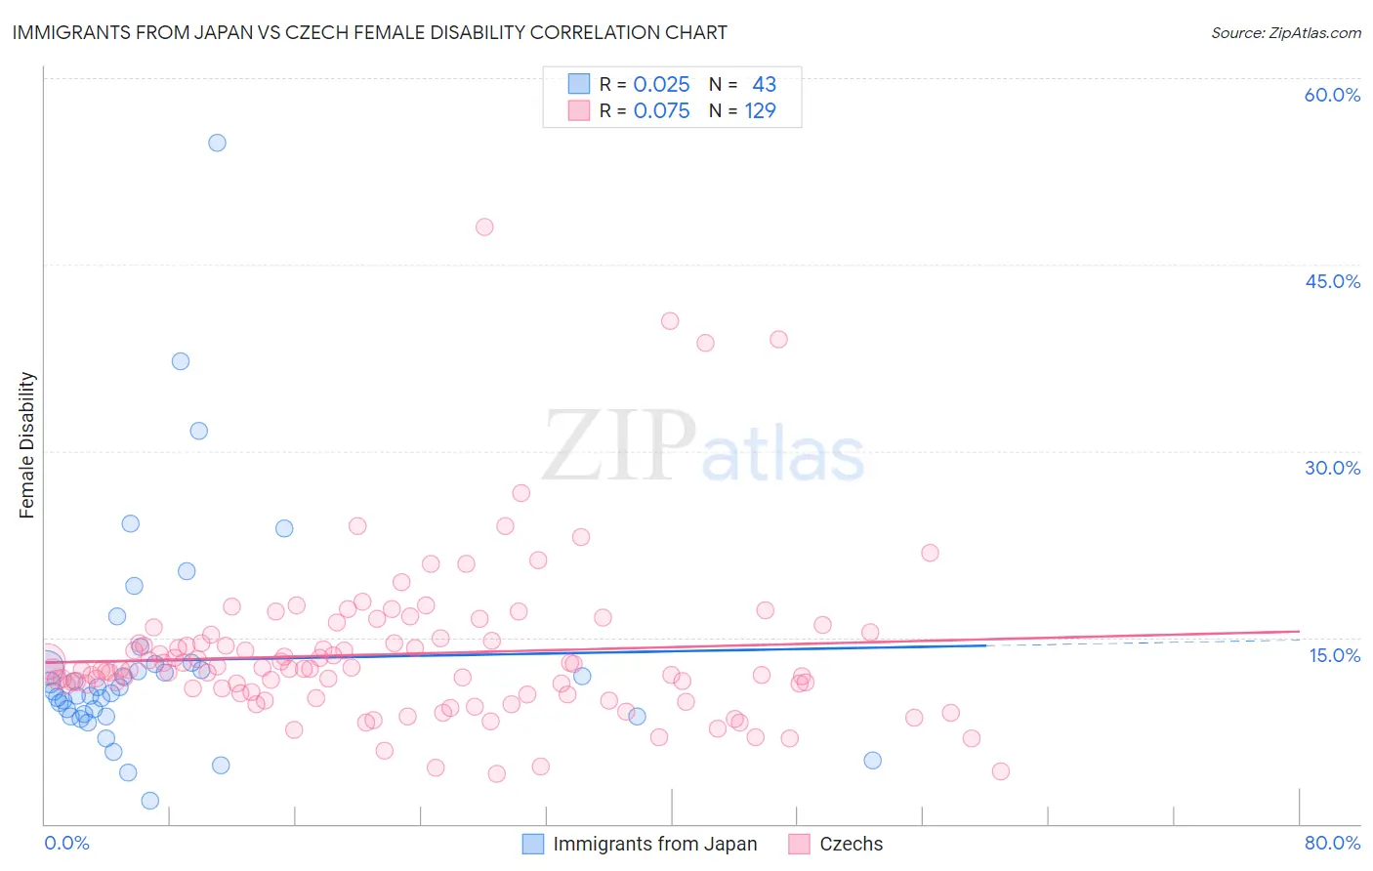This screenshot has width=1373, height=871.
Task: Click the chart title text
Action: [x=369, y=32]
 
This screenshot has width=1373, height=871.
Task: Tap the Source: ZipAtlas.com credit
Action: [x=1285, y=32]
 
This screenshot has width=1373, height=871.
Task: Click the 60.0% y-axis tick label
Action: [x=1332, y=95]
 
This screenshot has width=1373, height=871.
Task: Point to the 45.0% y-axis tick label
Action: [x=1332, y=281]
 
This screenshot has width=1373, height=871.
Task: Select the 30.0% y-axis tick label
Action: [x=1332, y=468]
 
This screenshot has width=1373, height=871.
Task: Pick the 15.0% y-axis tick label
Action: [x=1334, y=654]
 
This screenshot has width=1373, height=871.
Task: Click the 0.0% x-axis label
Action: [x=66, y=843]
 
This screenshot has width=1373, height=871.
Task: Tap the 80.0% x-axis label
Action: [x=1332, y=843]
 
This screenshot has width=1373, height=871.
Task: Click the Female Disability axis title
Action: [x=27, y=444]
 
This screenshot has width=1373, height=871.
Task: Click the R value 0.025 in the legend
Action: [x=661, y=85]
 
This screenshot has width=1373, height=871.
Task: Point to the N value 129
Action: [x=760, y=111]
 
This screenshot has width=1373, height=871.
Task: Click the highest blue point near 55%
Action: [x=217, y=143]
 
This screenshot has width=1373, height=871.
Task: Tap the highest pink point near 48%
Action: [x=484, y=227]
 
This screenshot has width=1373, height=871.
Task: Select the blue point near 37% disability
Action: [x=181, y=361]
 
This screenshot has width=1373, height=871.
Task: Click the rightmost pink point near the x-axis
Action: [x=1000, y=771]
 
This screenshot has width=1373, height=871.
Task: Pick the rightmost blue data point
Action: [x=873, y=761]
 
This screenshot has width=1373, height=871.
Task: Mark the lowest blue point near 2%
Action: [x=150, y=801]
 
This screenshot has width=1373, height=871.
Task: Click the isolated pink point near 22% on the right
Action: [x=930, y=553]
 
